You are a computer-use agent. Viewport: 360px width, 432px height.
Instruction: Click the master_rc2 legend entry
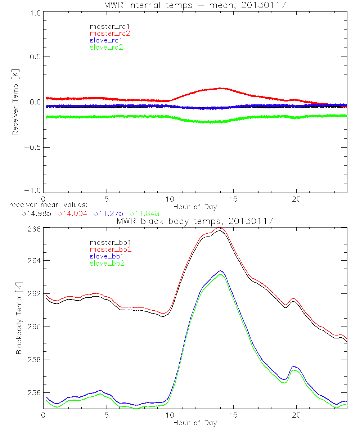tap(110, 33)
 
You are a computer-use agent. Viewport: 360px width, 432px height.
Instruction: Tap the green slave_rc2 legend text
tap(106, 47)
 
